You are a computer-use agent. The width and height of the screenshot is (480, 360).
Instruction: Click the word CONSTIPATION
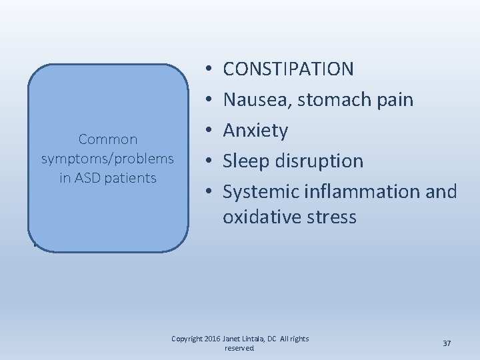289,69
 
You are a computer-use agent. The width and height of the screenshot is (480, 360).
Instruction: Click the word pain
396,100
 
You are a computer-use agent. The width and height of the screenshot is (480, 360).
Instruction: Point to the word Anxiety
255,131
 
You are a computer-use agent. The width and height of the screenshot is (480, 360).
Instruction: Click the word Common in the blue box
108,139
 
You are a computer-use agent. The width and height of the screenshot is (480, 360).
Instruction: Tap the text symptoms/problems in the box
108,159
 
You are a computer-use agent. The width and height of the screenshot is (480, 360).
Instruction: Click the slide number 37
447,343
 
